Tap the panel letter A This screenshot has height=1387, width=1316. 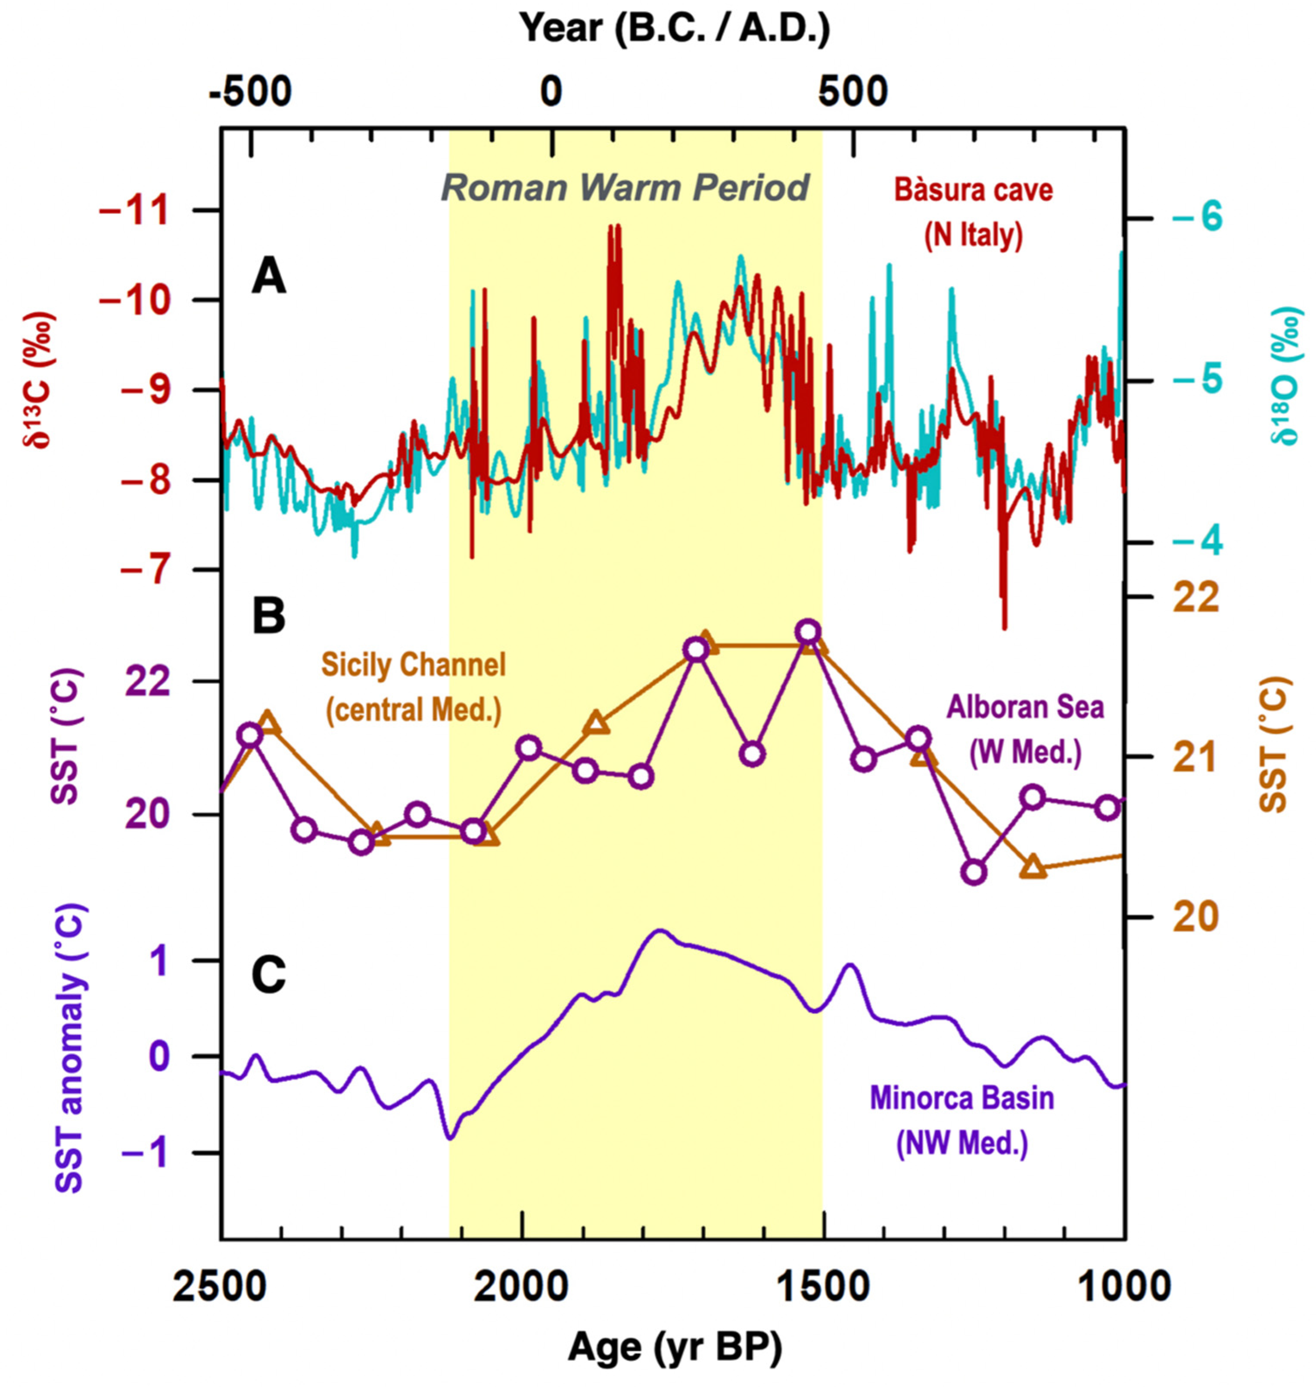[269, 278]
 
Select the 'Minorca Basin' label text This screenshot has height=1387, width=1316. [962, 1098]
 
